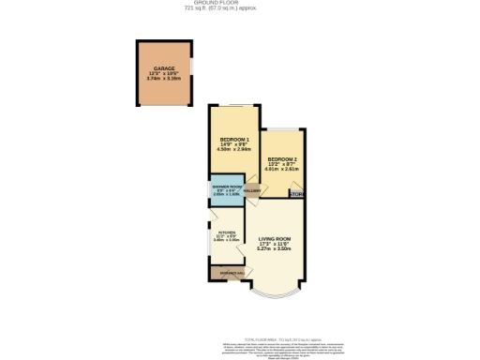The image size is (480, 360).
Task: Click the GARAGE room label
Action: [x=164, y=69]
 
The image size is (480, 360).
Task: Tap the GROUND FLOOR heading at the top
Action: [x=241, y=3]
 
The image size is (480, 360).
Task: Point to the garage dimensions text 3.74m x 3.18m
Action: [x=164, y=80]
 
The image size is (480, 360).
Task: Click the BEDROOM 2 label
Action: [x=282, y=159]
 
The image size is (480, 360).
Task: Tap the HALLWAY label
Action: [x=251, y=190]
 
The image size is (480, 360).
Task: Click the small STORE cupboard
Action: [x=297, y=194]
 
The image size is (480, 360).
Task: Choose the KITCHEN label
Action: [x=226, y=232]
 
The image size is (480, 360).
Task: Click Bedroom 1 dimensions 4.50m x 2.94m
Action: [x=231, y=148]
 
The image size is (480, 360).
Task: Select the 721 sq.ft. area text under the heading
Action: [x=241, y=9]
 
